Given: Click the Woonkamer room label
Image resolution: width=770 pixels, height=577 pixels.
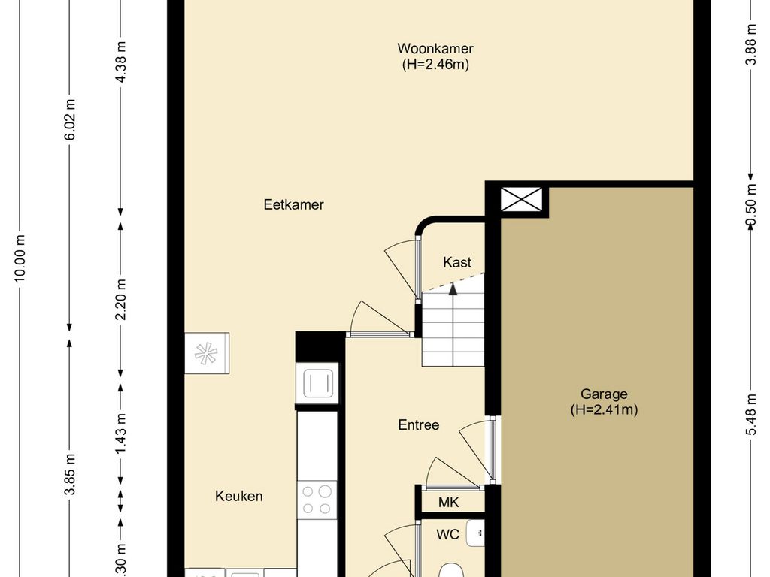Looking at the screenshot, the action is coord(435,48).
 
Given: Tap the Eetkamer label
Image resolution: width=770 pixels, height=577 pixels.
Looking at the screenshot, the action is coord(294,204).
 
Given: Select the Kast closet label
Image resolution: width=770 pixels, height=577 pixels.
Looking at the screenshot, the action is coord(456,262).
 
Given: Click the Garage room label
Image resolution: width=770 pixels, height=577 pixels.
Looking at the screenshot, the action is coord(604,394).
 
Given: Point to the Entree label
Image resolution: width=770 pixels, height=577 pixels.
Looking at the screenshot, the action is coord(418,424).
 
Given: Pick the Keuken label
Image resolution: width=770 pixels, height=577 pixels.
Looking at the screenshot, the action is coord(238,496).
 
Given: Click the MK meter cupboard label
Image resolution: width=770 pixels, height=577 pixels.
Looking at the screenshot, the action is coord(448,503).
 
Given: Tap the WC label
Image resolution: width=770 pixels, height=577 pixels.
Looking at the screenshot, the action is coord(448,534).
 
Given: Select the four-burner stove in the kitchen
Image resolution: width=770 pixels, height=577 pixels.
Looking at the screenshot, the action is coord(317,500).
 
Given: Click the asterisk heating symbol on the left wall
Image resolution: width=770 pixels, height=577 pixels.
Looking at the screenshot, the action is coord(206,353).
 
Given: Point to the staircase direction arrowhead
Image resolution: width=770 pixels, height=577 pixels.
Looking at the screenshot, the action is coord(453,289).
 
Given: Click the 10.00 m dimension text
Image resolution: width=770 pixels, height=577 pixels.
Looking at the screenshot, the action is coord(20,258).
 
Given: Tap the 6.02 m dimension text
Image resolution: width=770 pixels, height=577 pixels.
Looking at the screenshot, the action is coord(70,119).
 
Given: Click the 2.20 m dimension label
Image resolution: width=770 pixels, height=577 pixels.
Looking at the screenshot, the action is coord(121,299).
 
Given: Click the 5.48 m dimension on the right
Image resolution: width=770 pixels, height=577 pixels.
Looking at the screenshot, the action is coord(751,415).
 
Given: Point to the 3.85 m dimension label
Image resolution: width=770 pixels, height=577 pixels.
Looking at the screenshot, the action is coord(70,475).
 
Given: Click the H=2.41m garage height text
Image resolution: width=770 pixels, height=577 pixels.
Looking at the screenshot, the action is coord(604,409).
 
